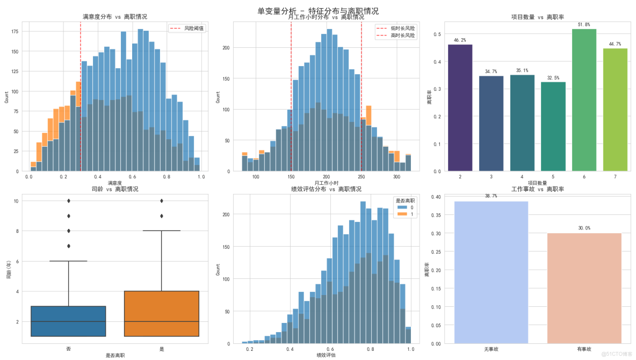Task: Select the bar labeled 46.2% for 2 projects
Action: point(460,107)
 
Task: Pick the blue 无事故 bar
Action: point(491,272)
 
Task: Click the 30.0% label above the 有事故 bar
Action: point(584,228)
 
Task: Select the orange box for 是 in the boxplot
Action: point(162,314)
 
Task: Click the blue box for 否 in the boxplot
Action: point(69,321)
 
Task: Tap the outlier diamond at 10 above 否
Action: point(69,201)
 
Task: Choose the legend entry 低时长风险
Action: point(403,28)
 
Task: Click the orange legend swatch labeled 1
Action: point(399,214)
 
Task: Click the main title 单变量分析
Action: point(318,11)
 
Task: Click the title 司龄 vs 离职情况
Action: point(114,189)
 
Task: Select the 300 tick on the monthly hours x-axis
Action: point(396,177)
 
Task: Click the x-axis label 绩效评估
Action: point(326,355)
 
